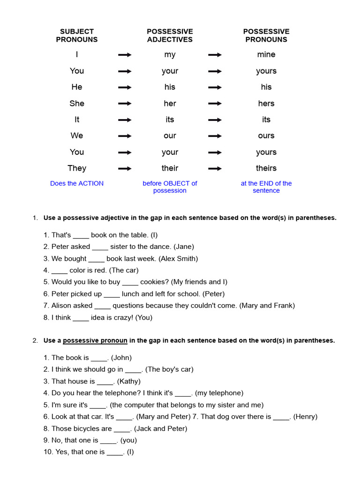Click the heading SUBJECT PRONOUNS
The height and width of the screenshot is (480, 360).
pyautogui.click(x=77, y=36)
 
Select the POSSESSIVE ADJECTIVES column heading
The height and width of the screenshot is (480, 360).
pyautogui.click(x=170, y=36)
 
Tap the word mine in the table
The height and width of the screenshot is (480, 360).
pyautogui.click(x=266, y=55)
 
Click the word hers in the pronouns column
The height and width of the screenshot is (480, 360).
pyautogui.click(x=266, y=104)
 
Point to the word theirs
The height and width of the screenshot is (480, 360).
pyautogui.click(x=266, y=168)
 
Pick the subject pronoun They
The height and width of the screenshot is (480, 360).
pyautogui.click(x=77, y=168)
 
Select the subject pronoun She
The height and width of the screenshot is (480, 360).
pyautogui.click(x=77, y=104)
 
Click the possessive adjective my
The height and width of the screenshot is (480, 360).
pyautogui.click(x=170, y=55)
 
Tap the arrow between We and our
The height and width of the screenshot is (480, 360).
pyautogui.click(x=125, y=136)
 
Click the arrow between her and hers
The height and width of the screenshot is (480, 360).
pyautogui.click(x=215, y=104)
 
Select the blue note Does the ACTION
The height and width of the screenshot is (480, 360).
pyautogui.click(x=77, y=183)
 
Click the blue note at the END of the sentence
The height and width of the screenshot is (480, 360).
pyautogui.click(x=266, y=187)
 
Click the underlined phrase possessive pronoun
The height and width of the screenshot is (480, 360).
pyautogui.click(x=95, y=341)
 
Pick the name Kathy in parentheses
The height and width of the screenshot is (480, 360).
pyautogui.click(x=128, y=381)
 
